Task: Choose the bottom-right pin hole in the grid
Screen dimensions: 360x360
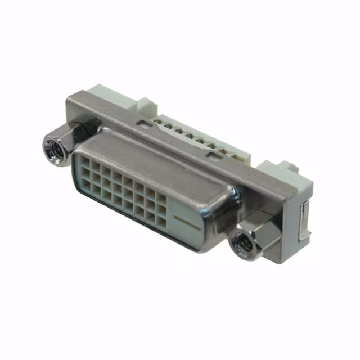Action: [161, 222]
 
